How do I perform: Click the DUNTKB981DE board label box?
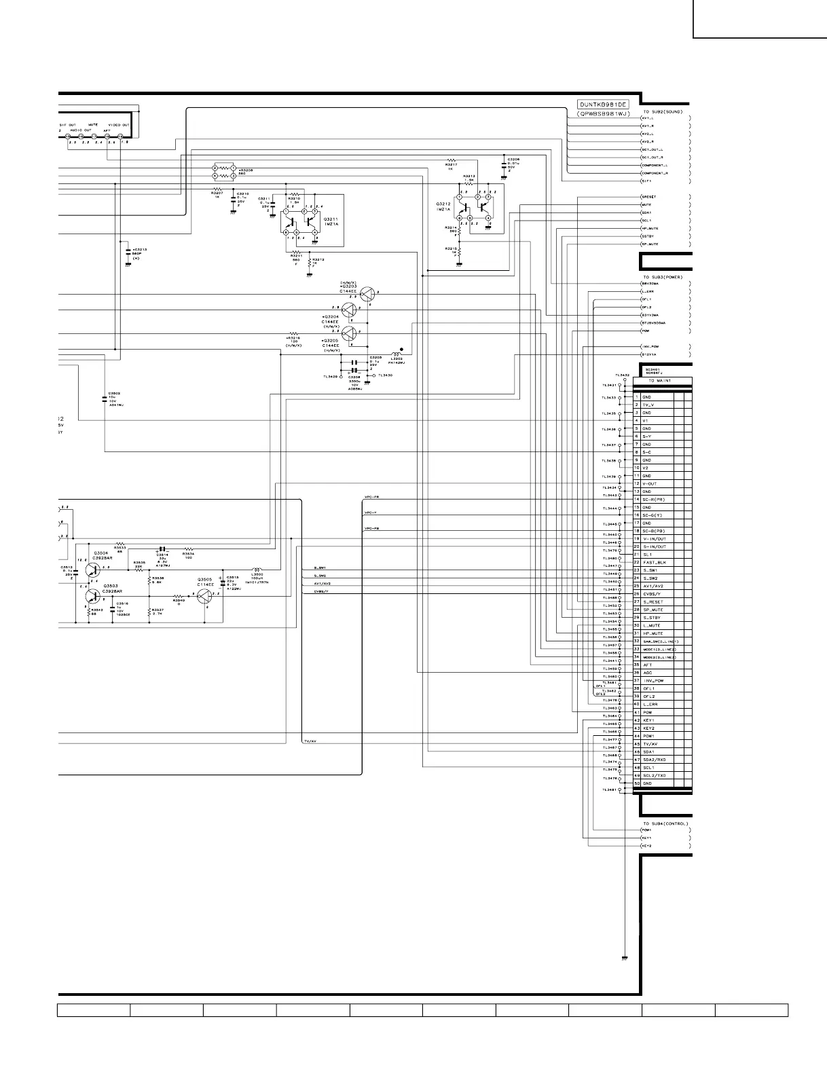603,105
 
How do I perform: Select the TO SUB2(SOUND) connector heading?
662,111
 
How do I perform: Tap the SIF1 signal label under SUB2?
646,181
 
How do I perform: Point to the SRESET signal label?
649,197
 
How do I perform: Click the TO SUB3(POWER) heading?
663,277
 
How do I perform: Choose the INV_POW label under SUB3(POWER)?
650,346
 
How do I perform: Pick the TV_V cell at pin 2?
648,405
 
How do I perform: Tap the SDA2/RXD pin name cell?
654,760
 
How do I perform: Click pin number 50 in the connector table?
637,783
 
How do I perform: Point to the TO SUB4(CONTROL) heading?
665,823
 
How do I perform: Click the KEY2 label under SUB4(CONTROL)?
647,846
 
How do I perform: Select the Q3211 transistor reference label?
331,219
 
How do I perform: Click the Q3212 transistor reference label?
443,203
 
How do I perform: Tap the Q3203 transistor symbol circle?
367,294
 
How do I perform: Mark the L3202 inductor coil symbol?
397,354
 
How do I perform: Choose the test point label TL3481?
608,789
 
